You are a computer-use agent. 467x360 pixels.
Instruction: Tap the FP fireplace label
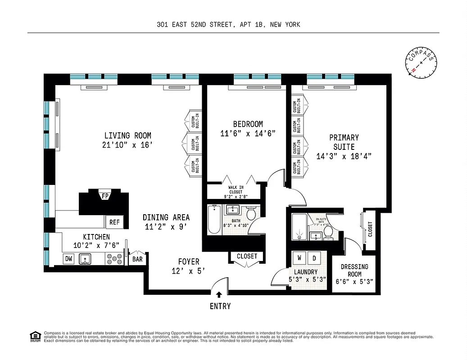[x=105, y=196]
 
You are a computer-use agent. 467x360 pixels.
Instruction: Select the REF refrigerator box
[x=114, y=222]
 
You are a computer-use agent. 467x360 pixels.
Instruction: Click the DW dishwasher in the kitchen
[x=68, y=259]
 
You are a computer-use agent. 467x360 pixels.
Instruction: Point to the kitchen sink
[x=85, y=259]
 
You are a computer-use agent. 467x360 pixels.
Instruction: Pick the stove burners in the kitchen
[x=114, y=259]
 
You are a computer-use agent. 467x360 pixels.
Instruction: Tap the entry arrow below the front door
[x=219, y=295]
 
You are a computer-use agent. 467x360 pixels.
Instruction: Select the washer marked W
[x=299, y=258]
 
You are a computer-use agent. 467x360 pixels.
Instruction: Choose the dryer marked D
[x=314, y=258]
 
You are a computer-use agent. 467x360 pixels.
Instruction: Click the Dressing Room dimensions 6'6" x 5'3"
[x=354, y=282]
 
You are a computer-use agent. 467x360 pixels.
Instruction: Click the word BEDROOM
[x=248, y=124]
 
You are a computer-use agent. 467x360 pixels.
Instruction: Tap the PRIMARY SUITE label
[x=344, y=142]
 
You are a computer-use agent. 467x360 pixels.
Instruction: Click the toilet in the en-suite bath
[x=328, y=232]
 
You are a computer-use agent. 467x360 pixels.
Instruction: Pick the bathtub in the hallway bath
[x=214, y=220]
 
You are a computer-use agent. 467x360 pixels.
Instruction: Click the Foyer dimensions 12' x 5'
[x=188, y=271]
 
